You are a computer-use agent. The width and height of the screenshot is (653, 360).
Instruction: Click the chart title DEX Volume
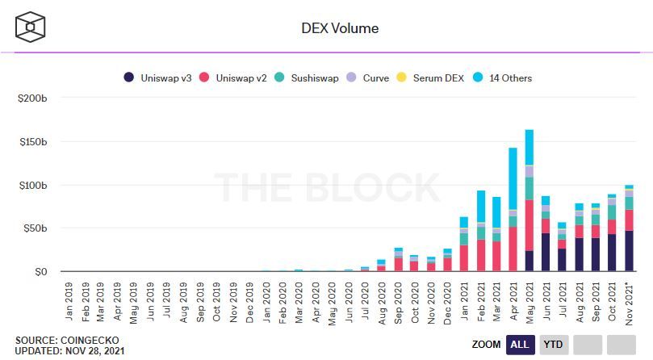click(x=339, y=28)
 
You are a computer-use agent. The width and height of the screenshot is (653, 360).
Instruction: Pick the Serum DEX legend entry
click(x=436, y=78)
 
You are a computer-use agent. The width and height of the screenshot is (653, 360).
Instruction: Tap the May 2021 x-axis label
click(x=530, y=302)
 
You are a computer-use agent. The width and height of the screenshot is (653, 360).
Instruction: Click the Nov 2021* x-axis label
click(x=629, y=303)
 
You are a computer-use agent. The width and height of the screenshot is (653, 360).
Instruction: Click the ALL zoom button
click(x=520, y=345)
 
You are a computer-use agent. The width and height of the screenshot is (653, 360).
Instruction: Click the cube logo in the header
click(x=31, y=27)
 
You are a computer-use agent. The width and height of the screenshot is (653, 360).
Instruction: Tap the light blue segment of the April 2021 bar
click(x=513, y=178)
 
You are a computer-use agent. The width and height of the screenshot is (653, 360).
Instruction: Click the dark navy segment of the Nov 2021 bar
click(x=629, y=250)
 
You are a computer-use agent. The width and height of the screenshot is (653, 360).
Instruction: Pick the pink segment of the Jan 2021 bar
click(x=463, y=257)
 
